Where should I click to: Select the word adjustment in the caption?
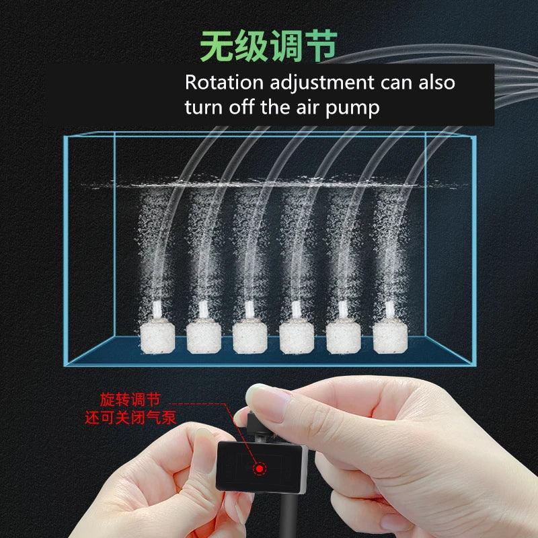tap(323, 83)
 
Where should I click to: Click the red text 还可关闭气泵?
tap(130, 417)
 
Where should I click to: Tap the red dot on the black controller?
tap(258, 468)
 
